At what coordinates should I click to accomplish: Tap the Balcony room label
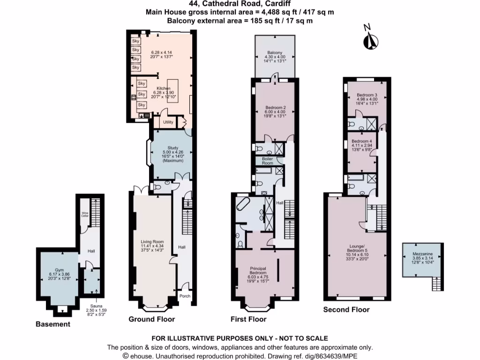coord(275,52)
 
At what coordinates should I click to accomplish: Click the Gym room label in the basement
coord(59,270)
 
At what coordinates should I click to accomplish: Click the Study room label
coord(170,148)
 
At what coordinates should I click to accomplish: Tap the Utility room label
coord(168,122)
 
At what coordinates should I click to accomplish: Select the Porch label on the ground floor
coord(185,296)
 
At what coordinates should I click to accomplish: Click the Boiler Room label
coord(267,161)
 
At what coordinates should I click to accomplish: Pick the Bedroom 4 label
coord(361,141)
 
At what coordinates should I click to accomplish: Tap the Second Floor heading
coord(346,309)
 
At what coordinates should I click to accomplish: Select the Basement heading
coord(53,324)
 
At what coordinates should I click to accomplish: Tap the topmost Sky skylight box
coord(136,41)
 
